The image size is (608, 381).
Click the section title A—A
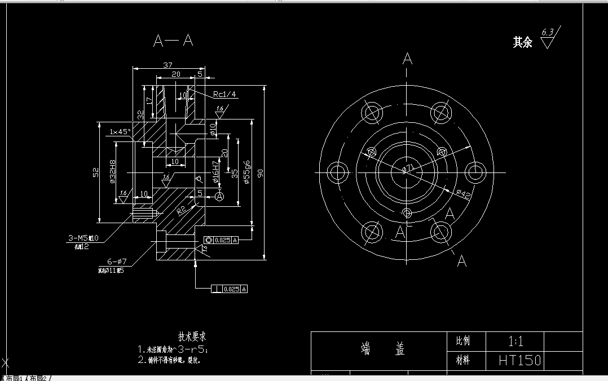(x=173, y=41)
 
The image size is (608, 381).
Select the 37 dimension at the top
(x=168, y=65)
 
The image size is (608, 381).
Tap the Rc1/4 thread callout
(x=224, y=94)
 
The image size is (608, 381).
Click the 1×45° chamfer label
(x=120, y=131)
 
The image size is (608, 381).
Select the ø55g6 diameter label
(x=246, y=172)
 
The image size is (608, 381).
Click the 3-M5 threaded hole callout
(x=82, y=238)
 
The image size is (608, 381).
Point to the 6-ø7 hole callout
(x=118, y=262)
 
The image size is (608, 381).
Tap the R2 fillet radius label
(x=181, y=211)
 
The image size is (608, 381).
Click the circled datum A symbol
(x=219, y=196)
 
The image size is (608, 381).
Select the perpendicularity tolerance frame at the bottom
(x=229, y=289)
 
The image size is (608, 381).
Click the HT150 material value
(x=519, y=360)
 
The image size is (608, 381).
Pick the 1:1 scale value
(x=516, y=341)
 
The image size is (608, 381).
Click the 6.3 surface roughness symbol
(x=547, y=39)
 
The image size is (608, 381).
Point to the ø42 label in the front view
(x=463, y=194)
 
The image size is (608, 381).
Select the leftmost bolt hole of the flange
(x=338, y=171)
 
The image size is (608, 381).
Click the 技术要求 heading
(x=192, y=336)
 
